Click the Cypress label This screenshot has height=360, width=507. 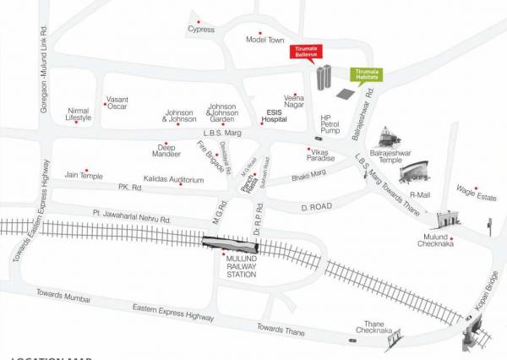click(x=201, y=30)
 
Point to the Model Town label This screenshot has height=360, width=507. click(x=264, y=40)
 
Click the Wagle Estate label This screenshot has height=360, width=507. click(x=476, y=197)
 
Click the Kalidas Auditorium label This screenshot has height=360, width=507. click(x=174, y=180)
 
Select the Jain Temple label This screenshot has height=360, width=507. click(x=84, y=175)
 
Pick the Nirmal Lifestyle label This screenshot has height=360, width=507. click(x=78, y=114)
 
